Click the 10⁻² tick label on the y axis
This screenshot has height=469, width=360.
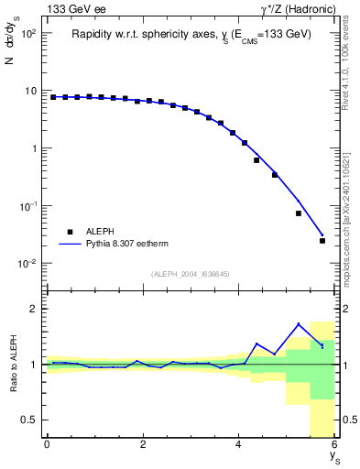[x=27, y=264]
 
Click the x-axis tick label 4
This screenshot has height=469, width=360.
[x=239, y=444]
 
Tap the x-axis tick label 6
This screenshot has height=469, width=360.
[x=334, y=444]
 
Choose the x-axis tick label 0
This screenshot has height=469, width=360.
[x=47, y=444]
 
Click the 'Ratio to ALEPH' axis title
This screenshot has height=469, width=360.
[x=12, y=365]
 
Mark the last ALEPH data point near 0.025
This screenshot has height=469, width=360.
[x=322, y=241]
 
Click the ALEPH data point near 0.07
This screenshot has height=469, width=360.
[x=299, y=213]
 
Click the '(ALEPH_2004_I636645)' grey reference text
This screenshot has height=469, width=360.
[x=191, y=274]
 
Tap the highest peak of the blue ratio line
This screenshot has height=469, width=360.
[x=299, y=323]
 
